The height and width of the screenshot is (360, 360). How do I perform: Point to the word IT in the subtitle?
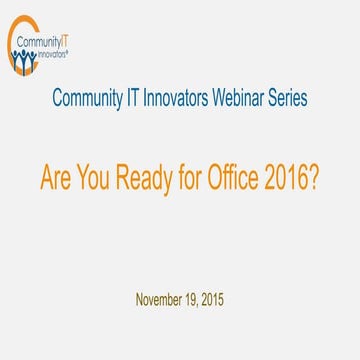126,100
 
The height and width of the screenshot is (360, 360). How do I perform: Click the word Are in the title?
55,177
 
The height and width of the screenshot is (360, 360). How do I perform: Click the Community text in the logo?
38,44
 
